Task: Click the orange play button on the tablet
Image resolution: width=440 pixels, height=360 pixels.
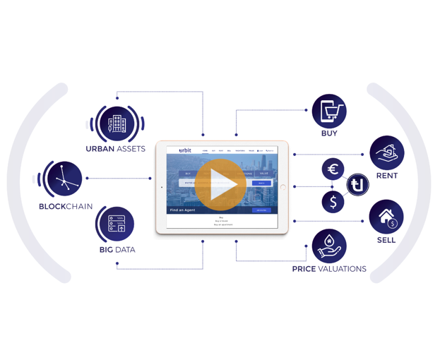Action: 220,186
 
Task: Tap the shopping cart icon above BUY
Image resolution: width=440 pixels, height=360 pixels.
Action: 329,111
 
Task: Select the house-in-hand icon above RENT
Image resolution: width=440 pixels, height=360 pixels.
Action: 387,152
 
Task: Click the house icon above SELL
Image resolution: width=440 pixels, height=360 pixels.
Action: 386,217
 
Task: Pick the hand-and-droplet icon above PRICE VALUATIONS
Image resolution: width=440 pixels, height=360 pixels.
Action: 329,246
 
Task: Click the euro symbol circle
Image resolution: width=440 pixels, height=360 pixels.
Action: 333,169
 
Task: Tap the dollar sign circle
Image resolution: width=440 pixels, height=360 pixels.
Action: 333,203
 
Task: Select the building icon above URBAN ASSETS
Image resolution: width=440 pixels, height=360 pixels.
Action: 116,124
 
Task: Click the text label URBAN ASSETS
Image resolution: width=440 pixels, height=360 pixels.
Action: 116,149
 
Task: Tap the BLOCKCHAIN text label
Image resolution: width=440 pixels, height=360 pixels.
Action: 66,207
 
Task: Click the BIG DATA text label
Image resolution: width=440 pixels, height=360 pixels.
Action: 117,250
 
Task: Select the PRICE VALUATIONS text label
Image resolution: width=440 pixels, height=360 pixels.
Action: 329,269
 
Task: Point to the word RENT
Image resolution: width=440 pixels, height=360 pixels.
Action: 387,176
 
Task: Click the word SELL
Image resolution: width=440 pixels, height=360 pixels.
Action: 386,240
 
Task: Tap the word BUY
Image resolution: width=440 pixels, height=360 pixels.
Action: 329,133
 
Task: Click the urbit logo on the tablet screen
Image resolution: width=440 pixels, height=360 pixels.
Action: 185,150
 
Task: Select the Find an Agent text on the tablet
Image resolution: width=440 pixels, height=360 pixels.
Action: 182,210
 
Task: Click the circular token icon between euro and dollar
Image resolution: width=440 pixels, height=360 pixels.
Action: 358,185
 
